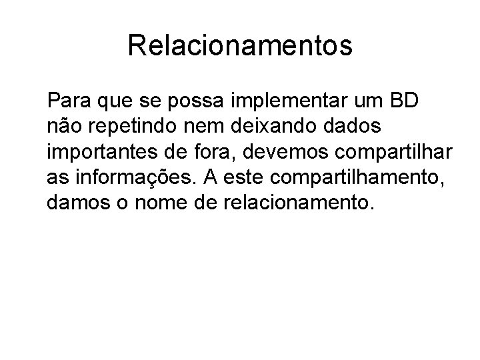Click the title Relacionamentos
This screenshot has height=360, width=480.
click(x=240, y=46)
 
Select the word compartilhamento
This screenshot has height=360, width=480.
click(x=364, y=177)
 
